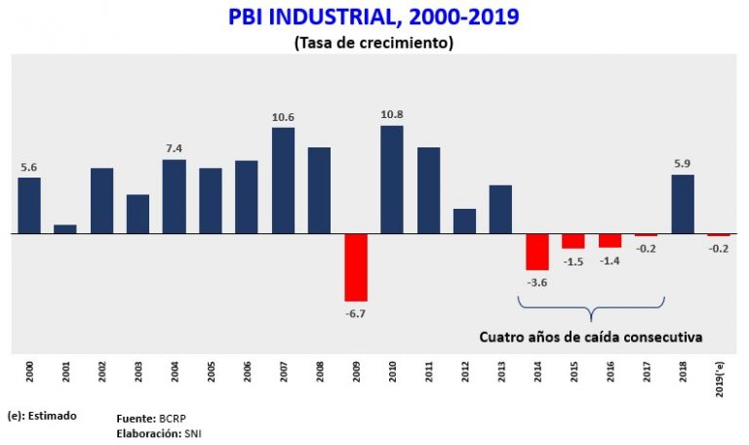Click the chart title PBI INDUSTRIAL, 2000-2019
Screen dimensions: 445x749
(375, 18)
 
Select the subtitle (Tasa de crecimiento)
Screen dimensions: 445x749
(374, 43)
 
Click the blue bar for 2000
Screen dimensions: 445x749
(29, 206)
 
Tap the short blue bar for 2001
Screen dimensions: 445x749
(65, 229)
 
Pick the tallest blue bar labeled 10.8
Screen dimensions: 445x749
(392, 180)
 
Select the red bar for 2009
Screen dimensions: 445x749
(356, 267)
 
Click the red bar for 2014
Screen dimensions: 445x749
(537, 252)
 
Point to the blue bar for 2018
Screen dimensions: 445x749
(683, 204)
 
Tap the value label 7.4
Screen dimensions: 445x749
(174, 148)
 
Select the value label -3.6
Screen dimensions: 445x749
(537, 282)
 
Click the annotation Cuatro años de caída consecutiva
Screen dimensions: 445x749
(591, 337)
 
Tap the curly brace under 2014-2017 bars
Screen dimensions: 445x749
(591, 309)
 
